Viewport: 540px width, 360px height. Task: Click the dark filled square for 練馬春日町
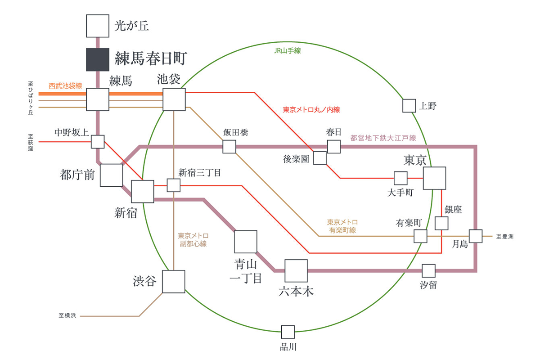tap(98, 59)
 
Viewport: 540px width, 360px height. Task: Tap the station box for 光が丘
tap(98, 26)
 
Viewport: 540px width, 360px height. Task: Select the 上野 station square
tap(409, 106)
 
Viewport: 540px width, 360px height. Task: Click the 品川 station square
tap(288, 332)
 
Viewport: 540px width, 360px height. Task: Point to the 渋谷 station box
tap(174, 282)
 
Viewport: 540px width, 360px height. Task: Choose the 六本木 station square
tap(296, 271)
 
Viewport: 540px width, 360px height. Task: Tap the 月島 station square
tap(476, 236)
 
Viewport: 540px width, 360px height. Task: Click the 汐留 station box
tap(429, 271)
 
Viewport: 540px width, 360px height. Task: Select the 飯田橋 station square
tap(229, 147)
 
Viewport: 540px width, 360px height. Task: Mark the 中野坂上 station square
tap(98, 141)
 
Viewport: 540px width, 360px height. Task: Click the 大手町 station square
tap(400, 178)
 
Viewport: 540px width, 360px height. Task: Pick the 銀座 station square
tap(442, 223)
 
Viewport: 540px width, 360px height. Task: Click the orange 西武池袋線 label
tap(66, 85)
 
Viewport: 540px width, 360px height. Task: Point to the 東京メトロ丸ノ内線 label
tap(311, 109)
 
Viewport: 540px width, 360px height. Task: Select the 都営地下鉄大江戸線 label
tap(383, 138)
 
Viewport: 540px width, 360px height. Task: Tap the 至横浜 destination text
tap(67, 316)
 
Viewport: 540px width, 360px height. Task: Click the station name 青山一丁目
tap(246, 270)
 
